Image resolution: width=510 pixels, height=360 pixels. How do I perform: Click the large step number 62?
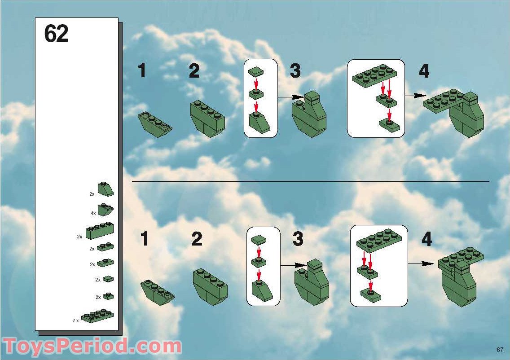tap(56, 34)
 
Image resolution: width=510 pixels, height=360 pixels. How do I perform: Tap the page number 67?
tap(500, 350)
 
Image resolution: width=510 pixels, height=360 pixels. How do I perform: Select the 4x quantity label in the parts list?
tap(92, 213)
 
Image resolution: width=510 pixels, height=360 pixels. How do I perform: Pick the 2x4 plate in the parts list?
tap(97, 316)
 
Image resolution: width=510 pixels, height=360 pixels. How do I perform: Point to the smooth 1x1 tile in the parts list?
tap(108, 279)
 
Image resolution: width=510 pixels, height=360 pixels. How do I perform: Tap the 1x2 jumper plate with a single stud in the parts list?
tap(105, 263)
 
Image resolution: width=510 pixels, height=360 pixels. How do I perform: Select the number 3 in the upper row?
tap(295, 71)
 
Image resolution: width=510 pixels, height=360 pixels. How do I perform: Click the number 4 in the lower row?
tap(426, 239)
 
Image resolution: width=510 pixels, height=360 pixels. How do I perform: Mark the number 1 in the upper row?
tap(142, 71)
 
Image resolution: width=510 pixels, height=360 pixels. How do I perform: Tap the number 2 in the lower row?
tap(197, 239)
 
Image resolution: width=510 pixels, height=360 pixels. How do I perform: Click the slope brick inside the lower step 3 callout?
tap(262, 290)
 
